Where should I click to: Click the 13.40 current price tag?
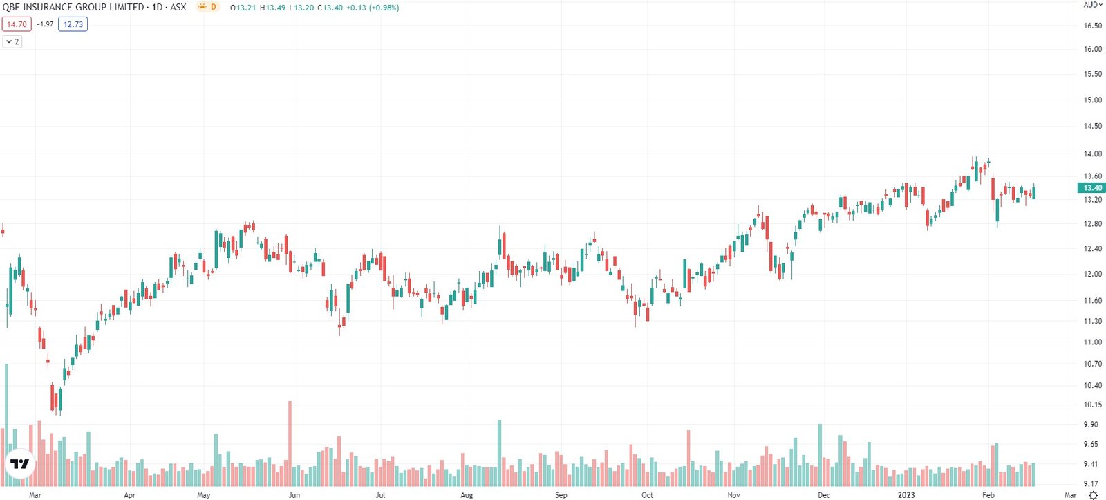point(1091,188)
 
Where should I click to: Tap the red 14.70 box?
point(16,24)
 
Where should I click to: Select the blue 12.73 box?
point(73,24)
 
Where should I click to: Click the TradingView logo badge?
point(19,464)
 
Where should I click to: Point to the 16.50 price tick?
point(1092,26)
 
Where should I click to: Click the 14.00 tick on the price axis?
point(1092,154)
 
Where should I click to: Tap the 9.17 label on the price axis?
point(1091,484)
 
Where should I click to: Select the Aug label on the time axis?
point(467,495)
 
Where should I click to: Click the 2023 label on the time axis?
point(906,495)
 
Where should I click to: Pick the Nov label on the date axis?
point(733,495)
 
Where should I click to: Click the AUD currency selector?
point(1091,5)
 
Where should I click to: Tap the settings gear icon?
point(1093,495)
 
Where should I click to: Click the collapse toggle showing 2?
point(12,41)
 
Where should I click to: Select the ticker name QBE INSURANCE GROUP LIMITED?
point(73,7)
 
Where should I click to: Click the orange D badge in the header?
point(213,7)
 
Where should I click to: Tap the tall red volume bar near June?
point(290,443)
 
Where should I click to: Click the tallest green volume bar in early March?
point(6,424)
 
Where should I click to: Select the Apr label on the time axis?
point(129,495)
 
